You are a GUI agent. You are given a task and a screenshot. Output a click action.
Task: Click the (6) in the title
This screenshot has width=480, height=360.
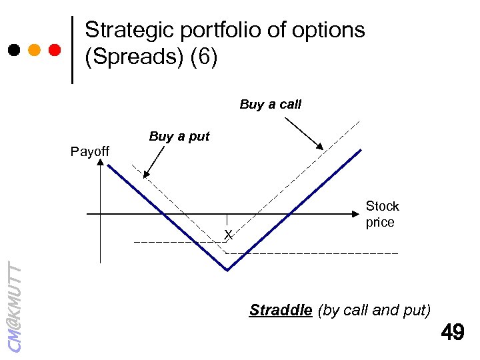pos(204,57)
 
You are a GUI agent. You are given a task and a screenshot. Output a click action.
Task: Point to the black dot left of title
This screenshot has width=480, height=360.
pos(14,50)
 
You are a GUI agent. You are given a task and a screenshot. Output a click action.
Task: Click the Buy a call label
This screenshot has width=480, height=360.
pos(270,105)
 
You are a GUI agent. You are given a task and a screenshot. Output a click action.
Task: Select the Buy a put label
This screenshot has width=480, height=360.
pos(179,137)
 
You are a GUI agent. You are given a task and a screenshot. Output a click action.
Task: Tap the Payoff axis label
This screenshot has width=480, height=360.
pos(90,152)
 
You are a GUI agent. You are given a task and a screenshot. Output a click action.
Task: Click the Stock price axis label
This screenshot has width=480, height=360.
pos(382,214)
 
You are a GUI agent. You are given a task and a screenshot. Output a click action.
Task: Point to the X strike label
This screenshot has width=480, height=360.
pos(228,235)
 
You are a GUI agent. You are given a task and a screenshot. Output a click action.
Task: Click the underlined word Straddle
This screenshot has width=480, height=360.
pos(281,310)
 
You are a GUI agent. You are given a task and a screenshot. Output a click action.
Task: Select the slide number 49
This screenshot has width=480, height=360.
pos(452,332)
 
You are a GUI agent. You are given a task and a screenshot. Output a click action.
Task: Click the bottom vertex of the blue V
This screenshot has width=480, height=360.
pos(227,270)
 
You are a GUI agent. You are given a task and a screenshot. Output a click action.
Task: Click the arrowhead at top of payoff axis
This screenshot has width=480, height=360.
pos(100,166)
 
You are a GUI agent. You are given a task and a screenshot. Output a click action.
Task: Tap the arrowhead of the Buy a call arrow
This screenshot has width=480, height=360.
pos(320,147)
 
